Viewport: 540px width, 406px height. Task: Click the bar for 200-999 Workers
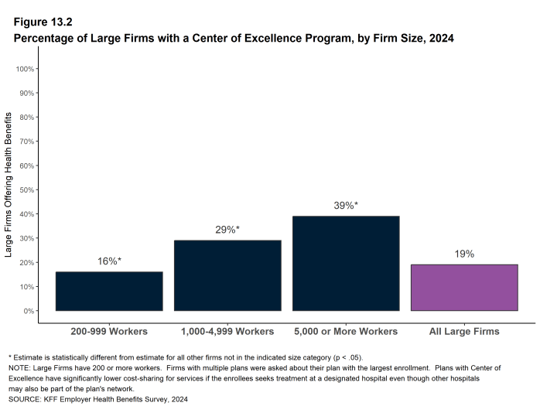tap(109, 291)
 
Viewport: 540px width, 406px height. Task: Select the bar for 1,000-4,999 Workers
tap(227, 275)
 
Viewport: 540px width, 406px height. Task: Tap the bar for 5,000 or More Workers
tap(346, 263)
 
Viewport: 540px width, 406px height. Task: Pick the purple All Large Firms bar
tap(464, 288)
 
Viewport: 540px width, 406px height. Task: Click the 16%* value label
tap(109, 261)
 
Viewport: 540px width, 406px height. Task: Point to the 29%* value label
tap(227, 230)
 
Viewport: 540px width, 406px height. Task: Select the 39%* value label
tap(346, 206)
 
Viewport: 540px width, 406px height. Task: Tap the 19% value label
tap(464, 254)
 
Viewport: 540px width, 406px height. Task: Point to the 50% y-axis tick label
tap(26, 189)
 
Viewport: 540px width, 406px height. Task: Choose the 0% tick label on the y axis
tap(29, 311)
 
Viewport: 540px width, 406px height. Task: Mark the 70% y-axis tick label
tap(26, 142)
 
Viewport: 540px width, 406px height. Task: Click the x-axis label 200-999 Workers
tap(109, 332)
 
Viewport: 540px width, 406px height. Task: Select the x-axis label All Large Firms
tap(464, 332)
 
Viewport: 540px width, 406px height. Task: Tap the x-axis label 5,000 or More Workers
tap(346, 332)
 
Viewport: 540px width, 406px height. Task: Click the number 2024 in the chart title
tap(439, 38)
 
